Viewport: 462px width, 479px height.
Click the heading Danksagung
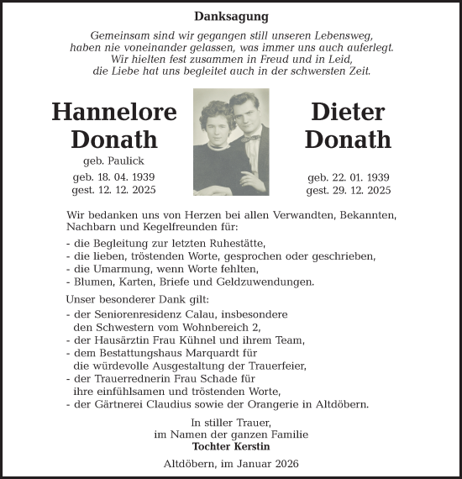231,16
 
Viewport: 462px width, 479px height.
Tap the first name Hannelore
114,112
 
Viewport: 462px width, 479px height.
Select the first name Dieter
348,112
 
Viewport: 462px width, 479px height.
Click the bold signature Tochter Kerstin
231,446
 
